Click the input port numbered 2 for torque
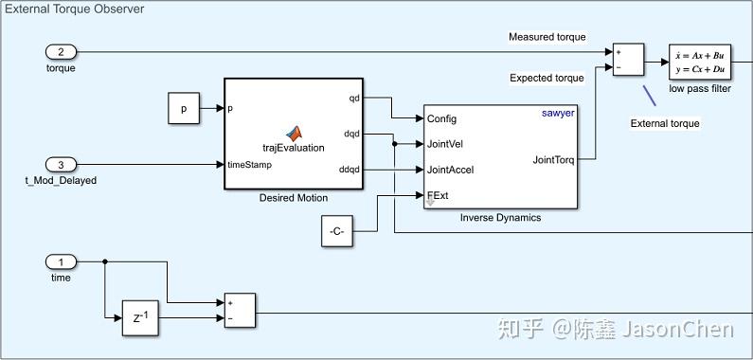[61, 51]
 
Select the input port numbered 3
[61, 164]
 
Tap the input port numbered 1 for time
[61, 261]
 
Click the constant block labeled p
[184, 109]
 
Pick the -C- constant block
[337, 230]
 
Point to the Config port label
[442, 119]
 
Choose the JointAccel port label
[451, 171]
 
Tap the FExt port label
[438, 196]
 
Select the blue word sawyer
[558, 113]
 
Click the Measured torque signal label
[547, 37]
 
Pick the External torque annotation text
[665, 123]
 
